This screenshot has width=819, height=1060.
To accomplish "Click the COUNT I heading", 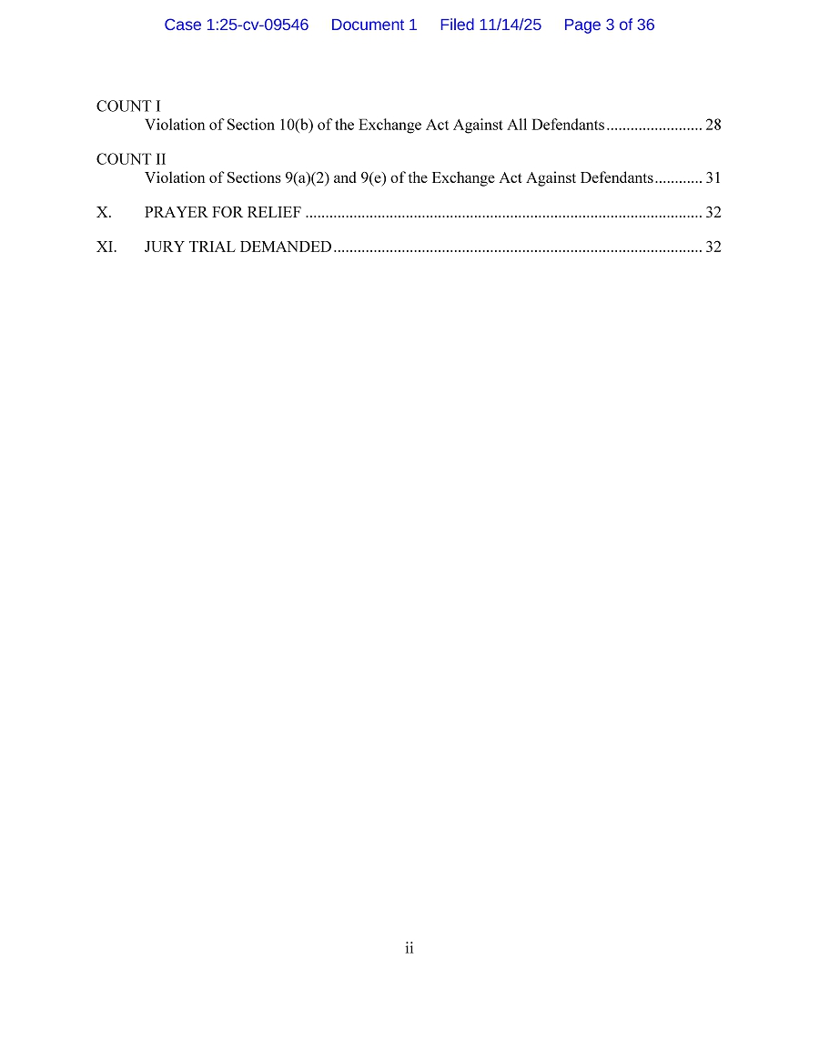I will point(128,106).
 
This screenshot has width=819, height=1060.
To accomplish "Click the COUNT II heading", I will point(131,159).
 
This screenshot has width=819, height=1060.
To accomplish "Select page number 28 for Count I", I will point(713,125).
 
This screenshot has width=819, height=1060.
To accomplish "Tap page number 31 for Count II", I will point(713,177).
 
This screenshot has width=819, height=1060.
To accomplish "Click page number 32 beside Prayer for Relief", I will point(713,213).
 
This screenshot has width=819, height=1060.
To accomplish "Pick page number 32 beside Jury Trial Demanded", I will point(713,247).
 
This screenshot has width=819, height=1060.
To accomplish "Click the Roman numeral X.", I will point(104,213).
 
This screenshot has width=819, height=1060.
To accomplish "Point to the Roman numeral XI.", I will point(106,247).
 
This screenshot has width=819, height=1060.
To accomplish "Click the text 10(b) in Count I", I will point(296,125).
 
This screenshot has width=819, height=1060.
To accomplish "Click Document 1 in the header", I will point(374,25).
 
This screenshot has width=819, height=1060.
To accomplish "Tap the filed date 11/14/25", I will point(510,25).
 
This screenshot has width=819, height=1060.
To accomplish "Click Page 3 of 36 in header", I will point(609,25).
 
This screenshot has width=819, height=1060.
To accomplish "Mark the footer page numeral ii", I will point(409,948).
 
